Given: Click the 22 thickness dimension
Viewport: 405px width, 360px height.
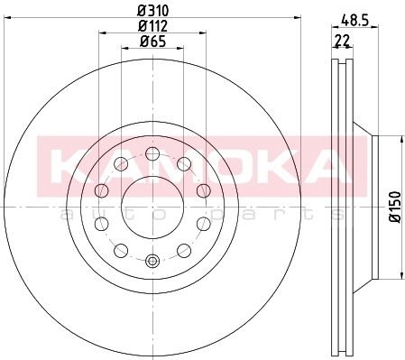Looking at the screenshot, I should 342,42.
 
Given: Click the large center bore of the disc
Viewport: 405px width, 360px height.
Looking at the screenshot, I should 151,198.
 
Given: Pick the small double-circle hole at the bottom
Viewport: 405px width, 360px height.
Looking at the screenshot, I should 151,262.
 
